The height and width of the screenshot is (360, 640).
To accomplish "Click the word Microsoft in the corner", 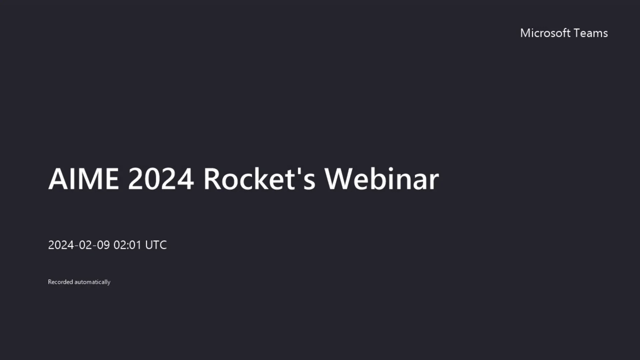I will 545,33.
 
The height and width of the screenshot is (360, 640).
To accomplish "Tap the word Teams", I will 591,33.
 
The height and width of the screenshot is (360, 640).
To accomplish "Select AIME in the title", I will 83,179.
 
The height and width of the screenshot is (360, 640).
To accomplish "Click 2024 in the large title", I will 161,179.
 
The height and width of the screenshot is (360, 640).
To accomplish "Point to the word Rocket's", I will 259,179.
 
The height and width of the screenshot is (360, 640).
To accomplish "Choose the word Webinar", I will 382,179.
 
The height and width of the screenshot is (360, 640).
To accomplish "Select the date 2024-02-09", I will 79,245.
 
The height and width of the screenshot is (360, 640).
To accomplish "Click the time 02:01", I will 128,245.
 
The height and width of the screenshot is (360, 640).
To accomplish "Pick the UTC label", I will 156,245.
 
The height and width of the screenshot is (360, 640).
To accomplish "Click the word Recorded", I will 60,282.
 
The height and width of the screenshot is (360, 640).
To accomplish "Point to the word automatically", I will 92,282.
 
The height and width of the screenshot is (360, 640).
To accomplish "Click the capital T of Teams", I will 577,33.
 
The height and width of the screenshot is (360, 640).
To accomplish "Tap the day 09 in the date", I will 103,245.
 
